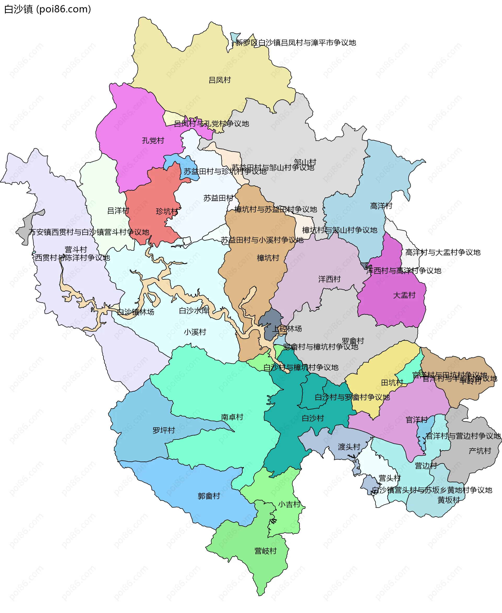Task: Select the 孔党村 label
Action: click(x=153, y=141)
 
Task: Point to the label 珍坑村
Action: click(x=167, y=211)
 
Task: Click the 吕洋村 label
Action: click(x=118, y=211)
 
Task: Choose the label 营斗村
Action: click(x=76, y=250)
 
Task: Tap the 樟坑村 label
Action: click(x=268, y=258)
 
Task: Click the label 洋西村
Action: click(x=329, y=279)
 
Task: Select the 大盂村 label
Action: click(x=404, y=295)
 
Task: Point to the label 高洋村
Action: click(x=381, y=206)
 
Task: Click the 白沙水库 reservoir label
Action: click(x=194, y=311)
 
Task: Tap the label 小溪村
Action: click(x=195, y=332)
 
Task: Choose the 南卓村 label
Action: click(x=232, y=417)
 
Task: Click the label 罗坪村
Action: click(x=164, y=430)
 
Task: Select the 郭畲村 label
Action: click(x=209, y=496)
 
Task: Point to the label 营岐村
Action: click(x=265, y=551)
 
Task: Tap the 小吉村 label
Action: click(x=289, y=504)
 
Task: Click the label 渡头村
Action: click(x=349, y=447)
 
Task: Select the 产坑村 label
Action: click(x=480, y=451)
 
